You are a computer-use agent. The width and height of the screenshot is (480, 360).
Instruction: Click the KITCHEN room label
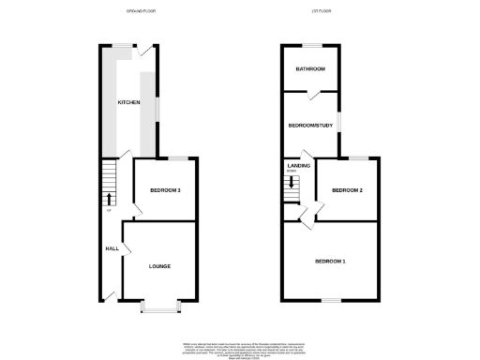point(128,102)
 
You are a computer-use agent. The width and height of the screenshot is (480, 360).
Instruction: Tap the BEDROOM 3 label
point(165,190)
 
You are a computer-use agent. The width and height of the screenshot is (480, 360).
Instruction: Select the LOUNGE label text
point(159,266)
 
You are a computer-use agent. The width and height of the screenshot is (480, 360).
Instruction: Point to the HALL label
point(112,248)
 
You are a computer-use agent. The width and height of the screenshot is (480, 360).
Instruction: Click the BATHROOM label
point(310,69)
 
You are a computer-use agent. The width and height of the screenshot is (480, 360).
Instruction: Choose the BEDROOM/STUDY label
point(311,125)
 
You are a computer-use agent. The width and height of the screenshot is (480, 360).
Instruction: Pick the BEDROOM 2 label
point(348,190)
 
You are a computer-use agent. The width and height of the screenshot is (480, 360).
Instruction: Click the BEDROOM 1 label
point(330,260)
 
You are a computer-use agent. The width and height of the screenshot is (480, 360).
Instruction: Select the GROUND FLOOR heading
point(141,12)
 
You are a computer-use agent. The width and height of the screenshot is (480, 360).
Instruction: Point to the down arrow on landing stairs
point(293,183)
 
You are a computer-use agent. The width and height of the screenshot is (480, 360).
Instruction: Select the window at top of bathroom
point(311,46)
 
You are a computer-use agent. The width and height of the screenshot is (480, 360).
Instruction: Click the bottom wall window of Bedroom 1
point(330,300)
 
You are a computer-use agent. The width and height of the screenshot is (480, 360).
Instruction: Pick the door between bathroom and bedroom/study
point(314,94)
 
